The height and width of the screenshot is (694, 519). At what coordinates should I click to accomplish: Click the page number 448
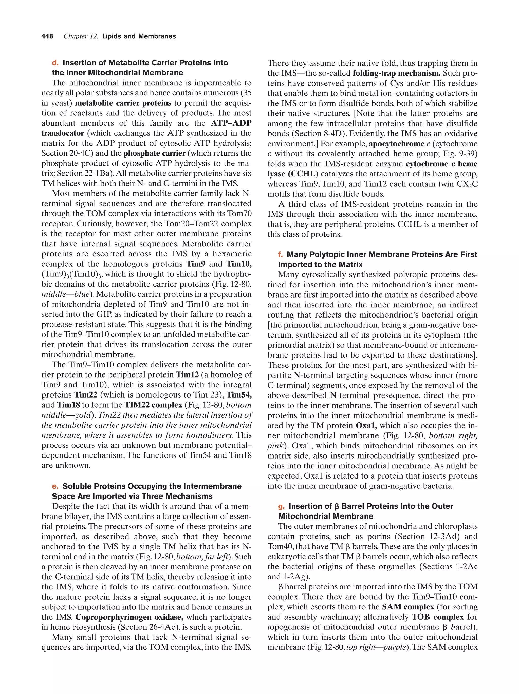click(x=47, y=36)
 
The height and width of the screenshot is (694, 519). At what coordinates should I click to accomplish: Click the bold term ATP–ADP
click(x=231, y=123)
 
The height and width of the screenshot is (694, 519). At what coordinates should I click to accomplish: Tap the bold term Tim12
click(x=188, y=375)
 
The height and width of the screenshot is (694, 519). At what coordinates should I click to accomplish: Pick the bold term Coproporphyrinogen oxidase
click(x=129, y=617)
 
